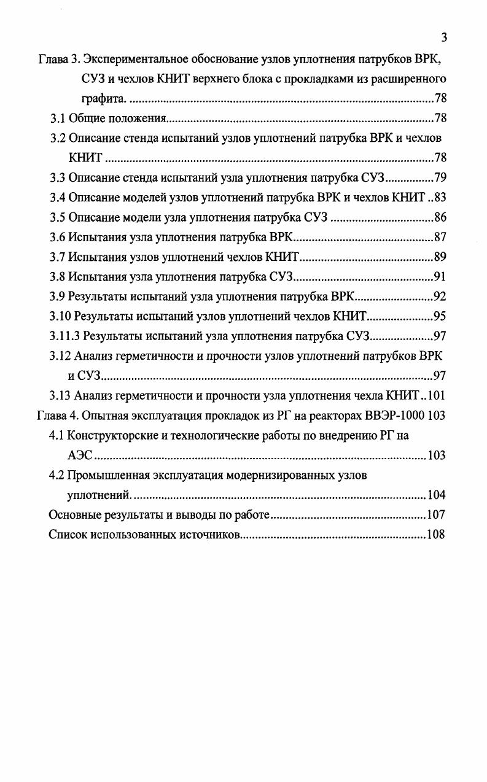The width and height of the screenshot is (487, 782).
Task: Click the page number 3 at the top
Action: (x=443, y=37)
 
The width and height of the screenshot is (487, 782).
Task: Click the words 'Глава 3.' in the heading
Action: (x=59, y=60)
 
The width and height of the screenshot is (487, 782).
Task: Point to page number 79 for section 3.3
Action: (x=440, y=178)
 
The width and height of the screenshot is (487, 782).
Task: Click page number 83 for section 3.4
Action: (x=440, y=198)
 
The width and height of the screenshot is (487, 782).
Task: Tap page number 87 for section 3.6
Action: (x=440, y=237)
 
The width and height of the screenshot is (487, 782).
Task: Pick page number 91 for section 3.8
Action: (x=440, y=276)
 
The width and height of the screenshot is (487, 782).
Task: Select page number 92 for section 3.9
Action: (x=440, y=296)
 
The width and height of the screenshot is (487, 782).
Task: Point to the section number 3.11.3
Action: (x=65, y=336)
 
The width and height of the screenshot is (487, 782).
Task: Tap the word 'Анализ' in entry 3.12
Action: (x=93, y=355)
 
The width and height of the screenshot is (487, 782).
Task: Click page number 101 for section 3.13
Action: (x=437, y=395)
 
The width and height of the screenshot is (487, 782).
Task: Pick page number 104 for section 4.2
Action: (x=437, y=495)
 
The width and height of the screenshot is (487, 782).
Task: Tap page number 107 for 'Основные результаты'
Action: (x=437, y=514)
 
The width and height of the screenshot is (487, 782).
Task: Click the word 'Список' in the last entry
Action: (x=68, y=534)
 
